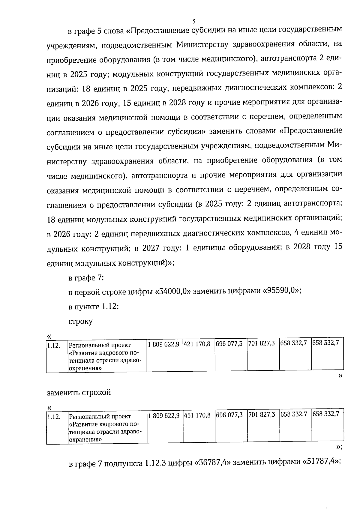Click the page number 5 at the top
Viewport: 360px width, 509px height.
(194, 21)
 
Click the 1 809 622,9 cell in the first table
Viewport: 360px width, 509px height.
(164, 344)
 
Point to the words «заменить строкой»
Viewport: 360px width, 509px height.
(79, 392)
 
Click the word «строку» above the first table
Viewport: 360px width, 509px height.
(80, 322)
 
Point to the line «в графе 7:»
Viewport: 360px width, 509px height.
(86, 278)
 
